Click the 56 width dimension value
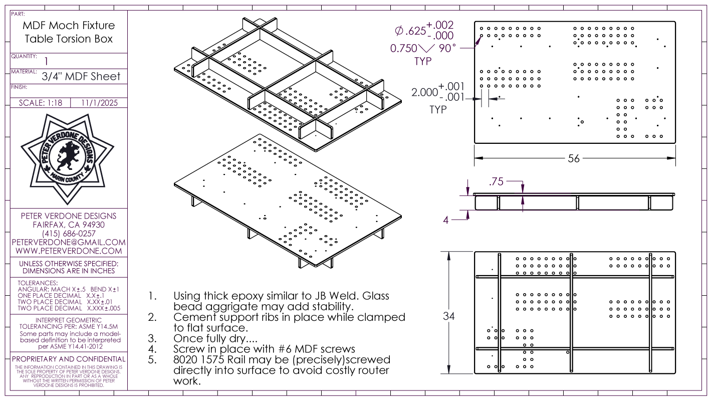click(574, 158)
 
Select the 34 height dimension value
click(448, 316)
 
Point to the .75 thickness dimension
click(496, 181)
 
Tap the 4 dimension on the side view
click(445, 220)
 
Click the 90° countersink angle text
click(447, 48)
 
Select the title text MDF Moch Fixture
click(69, 26)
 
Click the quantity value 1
click(47, 61)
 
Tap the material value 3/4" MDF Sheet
click(81, 76)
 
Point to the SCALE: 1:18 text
click(41, 103)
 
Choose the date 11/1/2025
click(100, 103)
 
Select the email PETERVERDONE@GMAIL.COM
click(69, 242)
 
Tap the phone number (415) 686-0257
click(69, 234)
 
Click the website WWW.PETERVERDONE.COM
click(69, 251)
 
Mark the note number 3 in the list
click(152, 338)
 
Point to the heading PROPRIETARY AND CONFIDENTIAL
click(69, 359)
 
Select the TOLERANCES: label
click(38, 283)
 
